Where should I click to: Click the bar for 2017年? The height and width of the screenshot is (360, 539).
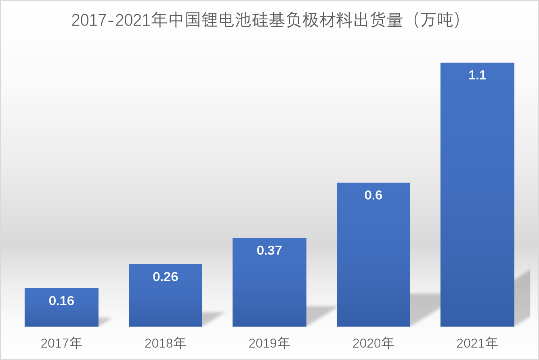[x=61, y=313]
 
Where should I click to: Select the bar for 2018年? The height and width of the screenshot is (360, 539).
[x=166, y=299]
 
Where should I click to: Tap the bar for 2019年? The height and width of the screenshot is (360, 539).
[x=269, y=287]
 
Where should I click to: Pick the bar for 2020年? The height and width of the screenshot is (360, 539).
[x=373, y=259]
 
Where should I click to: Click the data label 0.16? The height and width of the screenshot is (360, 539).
[x=61, y=301]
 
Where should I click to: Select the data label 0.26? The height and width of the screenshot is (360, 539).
[x=166, y=277]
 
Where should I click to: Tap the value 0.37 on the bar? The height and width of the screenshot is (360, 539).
[x=269, y=251]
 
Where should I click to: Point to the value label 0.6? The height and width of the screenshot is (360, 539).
[x=373, y=195]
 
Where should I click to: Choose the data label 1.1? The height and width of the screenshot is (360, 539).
[x=477, y=75]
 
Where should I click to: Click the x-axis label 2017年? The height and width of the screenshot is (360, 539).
[x=61, y=343]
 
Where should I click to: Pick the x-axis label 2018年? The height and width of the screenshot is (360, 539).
[x=166, y=343]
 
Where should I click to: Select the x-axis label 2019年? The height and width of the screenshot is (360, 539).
[x=269, y=343]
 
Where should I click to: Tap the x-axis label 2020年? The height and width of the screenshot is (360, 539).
[x=373, y=343]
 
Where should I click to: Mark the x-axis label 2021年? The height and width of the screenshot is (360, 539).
[x=477, y=343]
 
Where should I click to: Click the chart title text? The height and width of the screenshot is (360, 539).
[x=266, y=21]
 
